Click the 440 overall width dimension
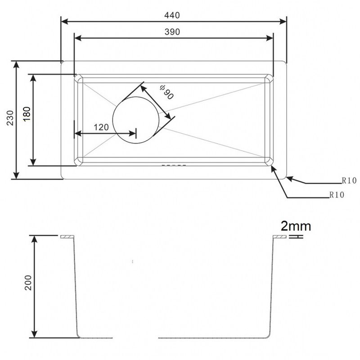point(172,15)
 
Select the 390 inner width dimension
point(172,32)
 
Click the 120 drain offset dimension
point(101,127)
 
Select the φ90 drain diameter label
point(166,92)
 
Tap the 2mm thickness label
point(296,225)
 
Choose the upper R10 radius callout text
point(349,181)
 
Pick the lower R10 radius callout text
point(337,195)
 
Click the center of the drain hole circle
point(136,121)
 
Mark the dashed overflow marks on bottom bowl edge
point(173,165)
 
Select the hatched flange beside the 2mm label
point(280,237)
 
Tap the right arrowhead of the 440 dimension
point(283,21)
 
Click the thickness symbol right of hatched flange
point(295,237)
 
